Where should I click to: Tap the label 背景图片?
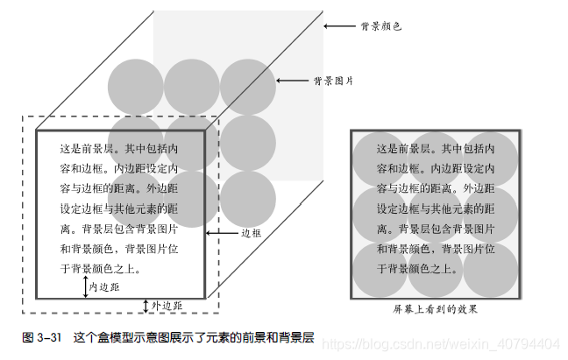click(x=333, y=81)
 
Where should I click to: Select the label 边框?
click(x=252, y=234)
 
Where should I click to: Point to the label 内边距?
click(x=104, y=286)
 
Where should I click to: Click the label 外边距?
click(x=167, y=306)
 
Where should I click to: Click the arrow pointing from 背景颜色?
click(x=338, y=26)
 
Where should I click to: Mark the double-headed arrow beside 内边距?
click(x=86, y=286)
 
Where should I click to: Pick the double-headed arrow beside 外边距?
click(x=146, y=305)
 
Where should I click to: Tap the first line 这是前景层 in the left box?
click(x=119, y=149)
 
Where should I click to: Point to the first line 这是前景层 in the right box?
click(x=435, y=149)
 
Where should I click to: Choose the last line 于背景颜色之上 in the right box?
click(x=417, y=268)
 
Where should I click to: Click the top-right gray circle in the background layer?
click(x=248, y=86)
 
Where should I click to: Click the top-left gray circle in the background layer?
click(x=136, y=86)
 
